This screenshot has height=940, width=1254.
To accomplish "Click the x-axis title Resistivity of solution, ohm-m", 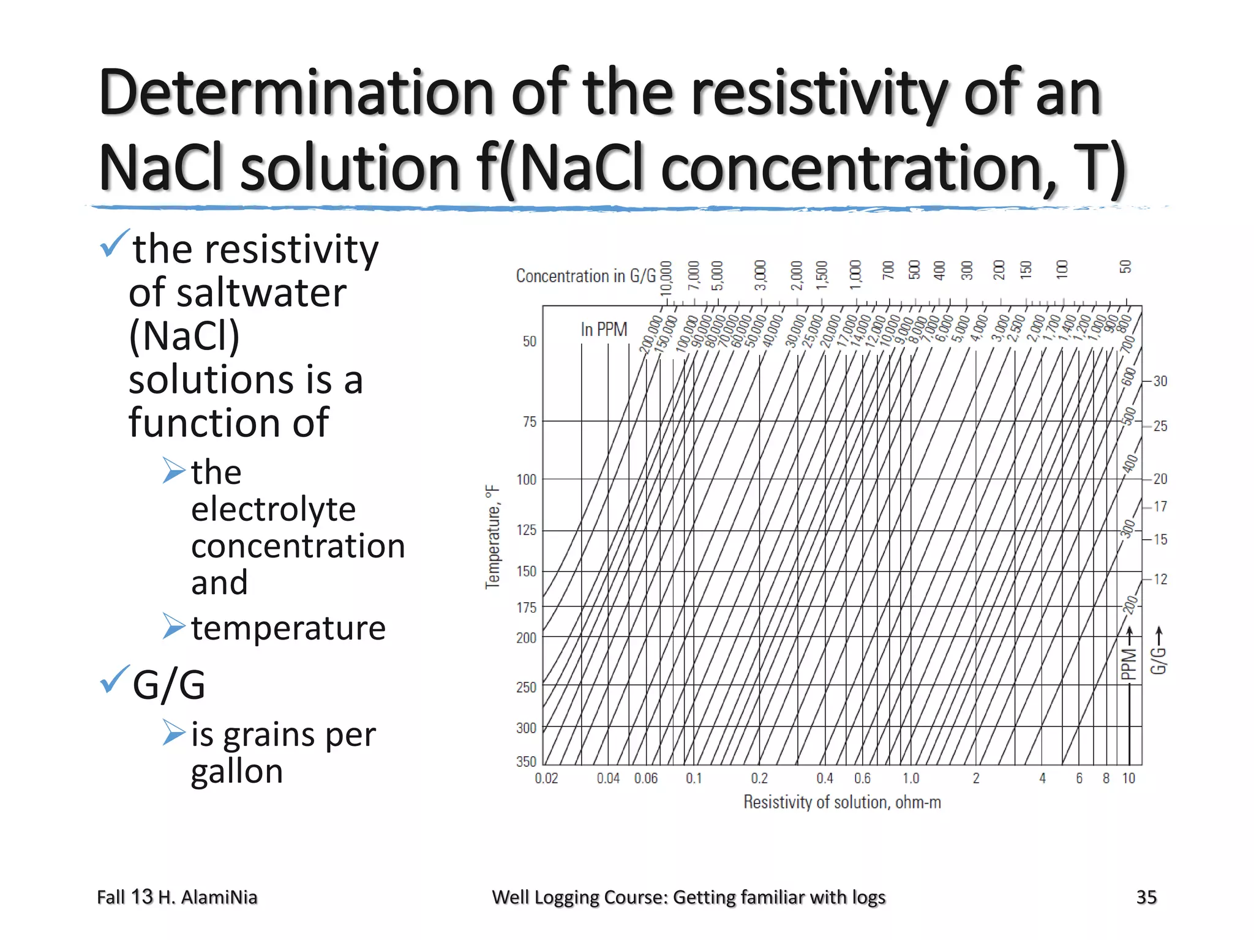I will [x=842, y=802].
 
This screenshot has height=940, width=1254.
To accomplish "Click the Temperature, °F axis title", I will [x=493, y=537].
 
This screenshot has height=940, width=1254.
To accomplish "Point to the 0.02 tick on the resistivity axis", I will [x=546, y=778].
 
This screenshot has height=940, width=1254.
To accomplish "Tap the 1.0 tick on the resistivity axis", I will [x=910, y=778].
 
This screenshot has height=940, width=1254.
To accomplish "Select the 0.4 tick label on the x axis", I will [x=825, y=778].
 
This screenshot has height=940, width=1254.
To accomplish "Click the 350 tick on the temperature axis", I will [x=526, y=761].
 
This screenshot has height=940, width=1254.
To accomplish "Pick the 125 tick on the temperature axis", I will [x=526, y=530].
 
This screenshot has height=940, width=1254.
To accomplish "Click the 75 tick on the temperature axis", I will [x=529, y=422].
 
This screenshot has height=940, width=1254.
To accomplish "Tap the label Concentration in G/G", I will [x=585, y=276].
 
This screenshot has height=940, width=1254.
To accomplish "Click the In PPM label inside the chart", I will [x=604, y=330].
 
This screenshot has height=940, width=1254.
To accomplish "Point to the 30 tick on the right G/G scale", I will [x=1160, y=381].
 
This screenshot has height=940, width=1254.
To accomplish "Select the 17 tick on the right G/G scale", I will [x=1160, y=507].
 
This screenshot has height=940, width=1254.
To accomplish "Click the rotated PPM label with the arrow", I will [x=1128, y=658].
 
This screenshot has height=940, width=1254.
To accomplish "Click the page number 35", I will [x=1146, y=897].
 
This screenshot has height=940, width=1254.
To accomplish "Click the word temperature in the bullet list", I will [x=288, y=628].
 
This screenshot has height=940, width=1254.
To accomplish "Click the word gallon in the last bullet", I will [x=237, y=771].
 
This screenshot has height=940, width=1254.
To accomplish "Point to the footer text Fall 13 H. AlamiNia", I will [x=177, y=897].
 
